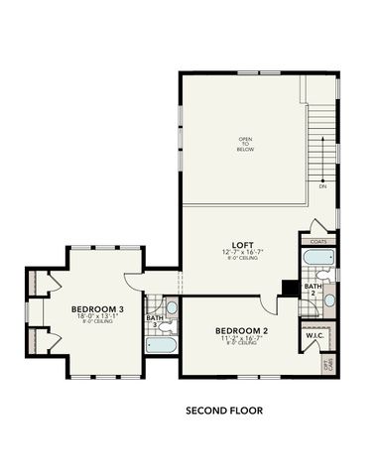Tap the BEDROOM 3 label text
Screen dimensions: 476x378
[97, 308]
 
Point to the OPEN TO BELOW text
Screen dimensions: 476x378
[244, 143]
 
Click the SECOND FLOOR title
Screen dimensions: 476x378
[224, 408]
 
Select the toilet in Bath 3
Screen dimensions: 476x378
[170, 320]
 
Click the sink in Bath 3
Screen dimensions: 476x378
[171, 305]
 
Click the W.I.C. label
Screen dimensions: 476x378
[315, 334]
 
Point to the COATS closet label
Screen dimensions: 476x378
[318, 241]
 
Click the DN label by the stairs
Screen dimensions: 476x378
[322, 185]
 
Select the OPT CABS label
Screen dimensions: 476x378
[328, 363]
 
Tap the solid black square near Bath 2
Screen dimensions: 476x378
[289, 288]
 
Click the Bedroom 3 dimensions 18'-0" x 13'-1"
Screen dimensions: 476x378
[97, 317]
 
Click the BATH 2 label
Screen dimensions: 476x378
[312, 290]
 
